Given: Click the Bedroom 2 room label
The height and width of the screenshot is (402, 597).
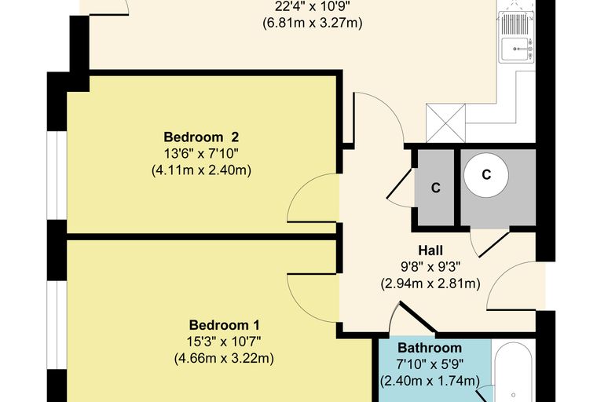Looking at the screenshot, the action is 201,137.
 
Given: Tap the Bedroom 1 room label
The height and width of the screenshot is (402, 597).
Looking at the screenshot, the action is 224,325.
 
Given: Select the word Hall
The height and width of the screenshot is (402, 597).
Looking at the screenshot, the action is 430,250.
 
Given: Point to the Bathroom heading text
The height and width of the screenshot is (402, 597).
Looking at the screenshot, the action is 430,348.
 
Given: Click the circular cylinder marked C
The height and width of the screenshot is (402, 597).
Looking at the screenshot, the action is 486,175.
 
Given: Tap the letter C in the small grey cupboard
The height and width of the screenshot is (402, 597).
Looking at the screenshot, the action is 435,188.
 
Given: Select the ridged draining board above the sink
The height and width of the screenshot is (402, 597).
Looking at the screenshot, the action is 514,24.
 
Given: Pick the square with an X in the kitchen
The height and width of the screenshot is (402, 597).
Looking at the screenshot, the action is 446,123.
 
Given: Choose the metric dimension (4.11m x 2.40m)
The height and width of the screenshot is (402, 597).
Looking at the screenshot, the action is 201,170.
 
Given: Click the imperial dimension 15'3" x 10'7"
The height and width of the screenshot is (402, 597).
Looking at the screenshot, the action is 224,342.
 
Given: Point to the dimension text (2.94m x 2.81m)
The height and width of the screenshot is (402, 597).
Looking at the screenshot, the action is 430,283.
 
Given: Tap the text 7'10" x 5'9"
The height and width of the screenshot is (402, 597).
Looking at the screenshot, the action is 430,364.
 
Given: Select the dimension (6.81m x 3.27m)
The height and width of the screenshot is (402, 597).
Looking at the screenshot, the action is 312,23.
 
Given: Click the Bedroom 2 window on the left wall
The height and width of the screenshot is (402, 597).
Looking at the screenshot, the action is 57,176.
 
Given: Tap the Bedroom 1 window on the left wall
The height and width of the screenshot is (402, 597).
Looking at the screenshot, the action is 57,325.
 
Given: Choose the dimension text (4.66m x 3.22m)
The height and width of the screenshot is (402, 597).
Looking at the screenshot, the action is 224,359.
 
